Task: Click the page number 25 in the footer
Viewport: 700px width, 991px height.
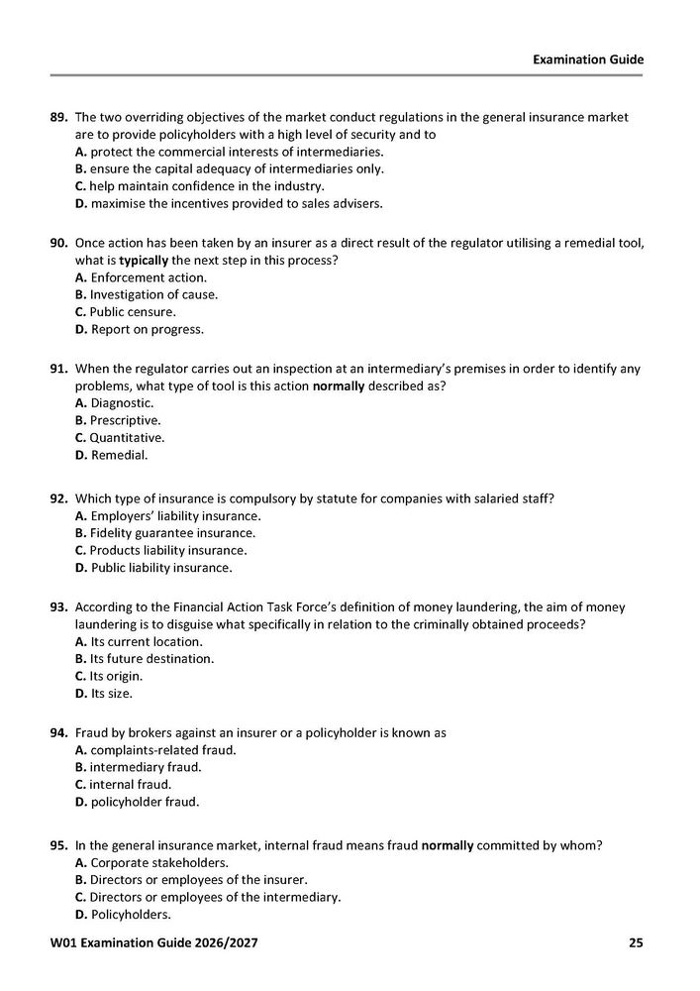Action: pos(636,942)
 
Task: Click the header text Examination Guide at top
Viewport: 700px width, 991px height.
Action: pos(588,59)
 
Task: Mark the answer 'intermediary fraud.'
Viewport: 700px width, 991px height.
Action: pos(138,767)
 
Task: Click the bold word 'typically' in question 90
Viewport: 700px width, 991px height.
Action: pos(146,260)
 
